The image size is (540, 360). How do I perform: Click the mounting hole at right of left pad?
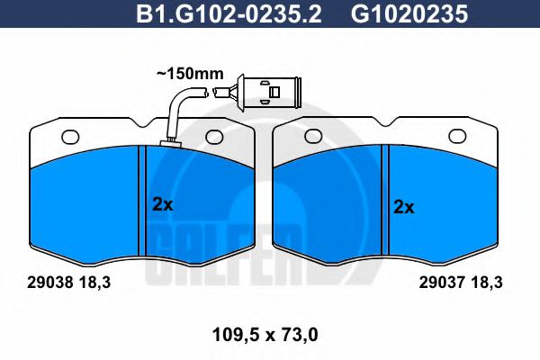pyautogui.click(x=213, y=137)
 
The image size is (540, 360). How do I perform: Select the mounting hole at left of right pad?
pyautogui.click(x=314, y=137)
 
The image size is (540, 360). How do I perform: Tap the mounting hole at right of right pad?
pyautogui.click(x=456, y=137)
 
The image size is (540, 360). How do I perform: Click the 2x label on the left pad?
pyautogui.click(x=162, y=204)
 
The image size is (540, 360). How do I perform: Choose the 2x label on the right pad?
pyautogui.click(x=404, y=206)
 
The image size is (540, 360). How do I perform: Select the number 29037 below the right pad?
pyautogui.click(x=441, y=282)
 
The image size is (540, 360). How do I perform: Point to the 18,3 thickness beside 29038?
pyautogui.click(x=91, y=282)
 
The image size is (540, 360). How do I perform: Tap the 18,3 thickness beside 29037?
pyautogui.click(x=483, y=282)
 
